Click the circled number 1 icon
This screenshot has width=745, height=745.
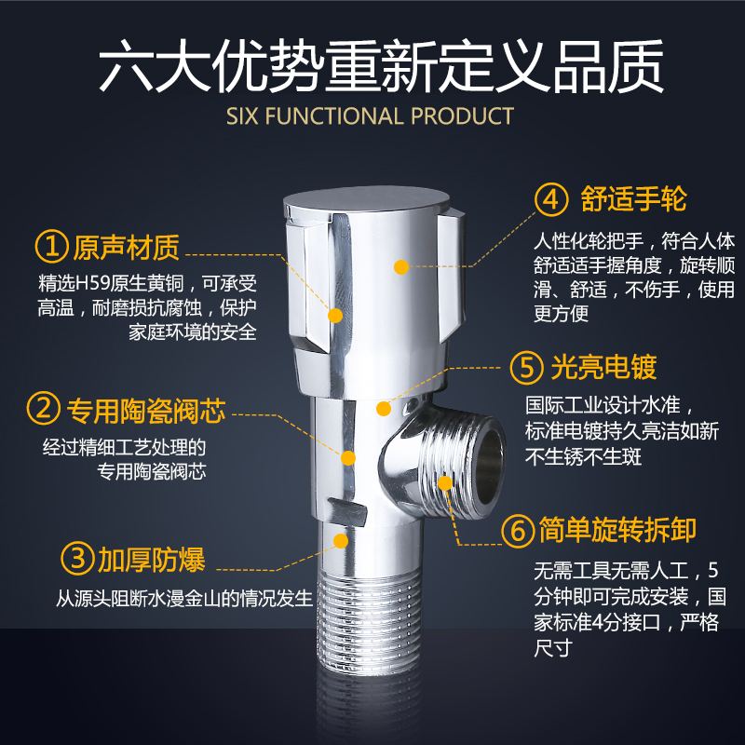(52, 246)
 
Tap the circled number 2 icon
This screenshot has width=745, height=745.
(44, 408)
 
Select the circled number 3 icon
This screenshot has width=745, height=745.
(77, 558)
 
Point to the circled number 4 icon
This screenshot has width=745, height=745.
(551, 199)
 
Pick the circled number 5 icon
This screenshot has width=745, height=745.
(526, 367)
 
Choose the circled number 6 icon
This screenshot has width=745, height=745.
(518, 531)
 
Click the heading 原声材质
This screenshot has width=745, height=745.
(126, 247)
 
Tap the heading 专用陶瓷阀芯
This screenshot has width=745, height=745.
(146, 411)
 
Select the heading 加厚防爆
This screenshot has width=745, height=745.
(152, 560)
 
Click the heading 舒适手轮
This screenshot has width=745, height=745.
(634, 198)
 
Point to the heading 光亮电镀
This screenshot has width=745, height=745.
(603, 367)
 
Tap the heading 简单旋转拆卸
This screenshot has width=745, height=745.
(617, 530)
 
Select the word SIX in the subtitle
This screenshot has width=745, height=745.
(242, 116)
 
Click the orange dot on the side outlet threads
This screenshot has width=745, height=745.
(445, 483)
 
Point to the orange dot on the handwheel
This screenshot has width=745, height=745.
(401, 267)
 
